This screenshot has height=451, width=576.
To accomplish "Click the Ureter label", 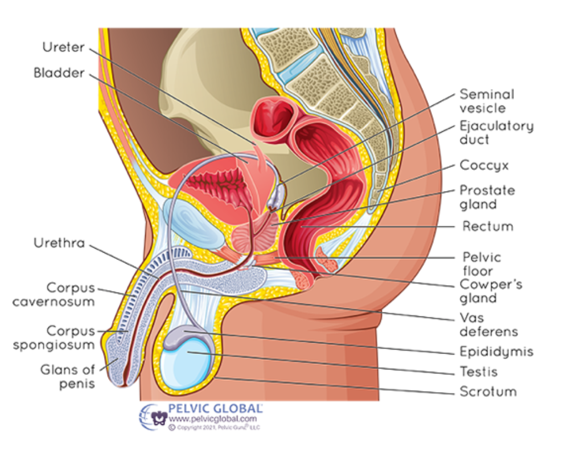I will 63,47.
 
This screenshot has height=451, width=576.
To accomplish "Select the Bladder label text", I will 59,73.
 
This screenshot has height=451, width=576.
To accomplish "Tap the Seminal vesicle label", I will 487,101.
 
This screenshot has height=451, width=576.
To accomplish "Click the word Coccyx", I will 484,166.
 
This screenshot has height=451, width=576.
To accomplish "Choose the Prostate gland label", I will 487,197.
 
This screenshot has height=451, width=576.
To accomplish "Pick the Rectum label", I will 487,226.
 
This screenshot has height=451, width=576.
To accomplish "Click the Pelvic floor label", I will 482,264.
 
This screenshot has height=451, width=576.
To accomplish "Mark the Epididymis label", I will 496,351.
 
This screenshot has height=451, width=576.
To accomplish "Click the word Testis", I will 478,372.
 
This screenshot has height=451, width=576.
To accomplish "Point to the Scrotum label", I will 488,392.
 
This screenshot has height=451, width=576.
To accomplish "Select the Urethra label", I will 59,243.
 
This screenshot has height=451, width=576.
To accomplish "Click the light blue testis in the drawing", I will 186,363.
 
